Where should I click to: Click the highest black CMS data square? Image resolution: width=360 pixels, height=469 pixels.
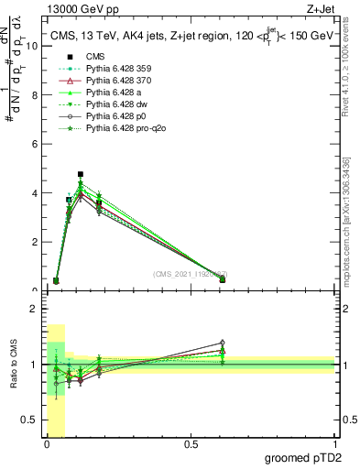tap(81, 174)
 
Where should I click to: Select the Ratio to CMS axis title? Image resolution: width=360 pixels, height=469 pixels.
tap(13, 365)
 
